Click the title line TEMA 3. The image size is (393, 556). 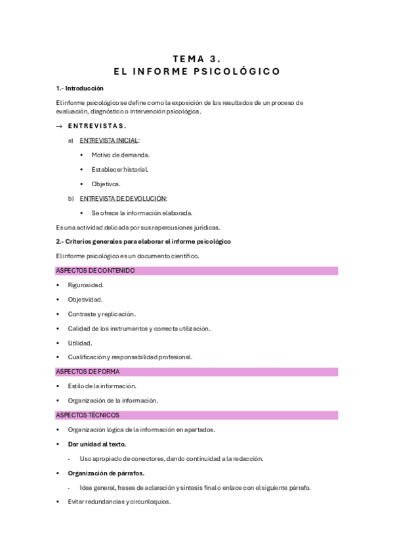click(x=197, y=58)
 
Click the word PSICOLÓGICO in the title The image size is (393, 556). click(x=241, y=71)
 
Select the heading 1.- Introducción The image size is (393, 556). click(x=80, y=89)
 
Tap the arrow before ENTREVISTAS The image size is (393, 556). click(x=60, y=126)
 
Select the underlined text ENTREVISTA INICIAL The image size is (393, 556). click(x=109, y=140)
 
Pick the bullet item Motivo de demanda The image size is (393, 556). click(x=121, y=155)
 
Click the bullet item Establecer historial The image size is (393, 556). click(x=120, y=169)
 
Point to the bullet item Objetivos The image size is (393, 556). click(x=106, y=184)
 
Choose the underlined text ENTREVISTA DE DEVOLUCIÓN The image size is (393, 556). click(x=123, y=198)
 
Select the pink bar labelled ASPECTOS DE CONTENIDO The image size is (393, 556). click(x=197, y=270)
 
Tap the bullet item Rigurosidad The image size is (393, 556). click(x=86, y=285)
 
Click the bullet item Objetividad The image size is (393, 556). click(x=85, y=300)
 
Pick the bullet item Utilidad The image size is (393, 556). click(x=80, y=343)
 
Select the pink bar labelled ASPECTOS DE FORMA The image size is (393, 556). click(x=197, y=372)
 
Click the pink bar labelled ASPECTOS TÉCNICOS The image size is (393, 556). click(x=197, y=415)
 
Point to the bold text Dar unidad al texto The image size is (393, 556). click(x=97, y=444)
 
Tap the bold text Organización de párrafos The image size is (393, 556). click(x=106, y=473)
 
